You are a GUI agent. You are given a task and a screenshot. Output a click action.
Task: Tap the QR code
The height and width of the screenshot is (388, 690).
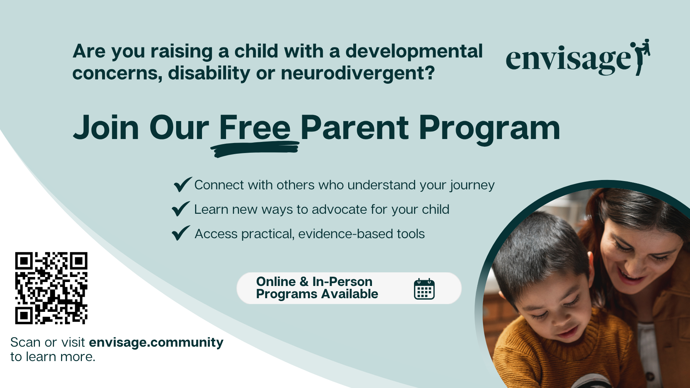point(51,288)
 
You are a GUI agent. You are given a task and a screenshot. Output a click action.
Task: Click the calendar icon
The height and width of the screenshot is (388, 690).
point(424,289)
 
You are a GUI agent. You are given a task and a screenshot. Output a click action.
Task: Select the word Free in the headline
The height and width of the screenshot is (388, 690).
point(255,128)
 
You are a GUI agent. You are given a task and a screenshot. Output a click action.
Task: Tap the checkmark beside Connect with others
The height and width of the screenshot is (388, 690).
point(183,184)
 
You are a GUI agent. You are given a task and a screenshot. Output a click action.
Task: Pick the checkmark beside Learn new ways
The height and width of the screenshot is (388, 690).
point(181,209)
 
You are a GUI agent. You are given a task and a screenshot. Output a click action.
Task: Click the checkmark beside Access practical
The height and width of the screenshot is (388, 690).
point(181,233)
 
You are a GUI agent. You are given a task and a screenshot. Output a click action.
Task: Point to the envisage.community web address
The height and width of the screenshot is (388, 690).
point(156,342)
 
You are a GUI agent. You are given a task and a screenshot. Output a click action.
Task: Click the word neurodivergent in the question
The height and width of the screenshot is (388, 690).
point(358,73)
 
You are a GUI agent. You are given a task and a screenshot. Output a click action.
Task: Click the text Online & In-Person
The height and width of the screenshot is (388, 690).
point(314,281)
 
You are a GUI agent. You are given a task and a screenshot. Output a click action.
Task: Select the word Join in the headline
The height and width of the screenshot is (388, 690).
point(106,128)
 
